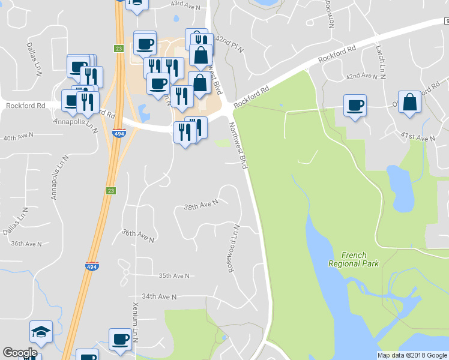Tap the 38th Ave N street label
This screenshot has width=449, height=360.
point(200,205)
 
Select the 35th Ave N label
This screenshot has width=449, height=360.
point(174,276)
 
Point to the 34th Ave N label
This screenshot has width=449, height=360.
point(159,296)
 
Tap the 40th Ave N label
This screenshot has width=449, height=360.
point(18,138)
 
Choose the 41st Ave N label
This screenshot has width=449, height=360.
point(418,139)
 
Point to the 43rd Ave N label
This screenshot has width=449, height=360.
point(185,4)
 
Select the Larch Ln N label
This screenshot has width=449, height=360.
point(380,62)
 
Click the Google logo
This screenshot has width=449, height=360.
point(19,353)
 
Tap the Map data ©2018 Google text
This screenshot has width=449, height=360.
point(412,355)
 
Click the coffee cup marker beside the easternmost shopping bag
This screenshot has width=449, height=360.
point(355,106)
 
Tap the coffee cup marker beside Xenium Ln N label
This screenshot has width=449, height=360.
point(120,340)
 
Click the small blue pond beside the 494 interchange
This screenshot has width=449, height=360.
point(143,112)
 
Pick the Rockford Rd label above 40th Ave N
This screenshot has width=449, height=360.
point(25,106)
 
